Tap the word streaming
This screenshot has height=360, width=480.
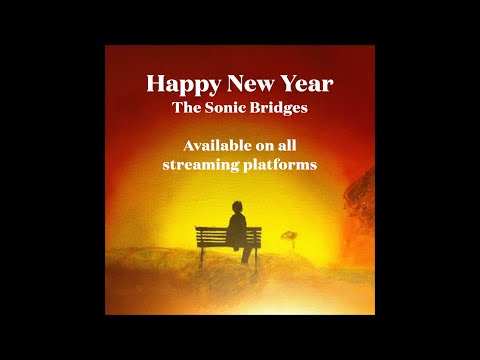click(x=198, y=164)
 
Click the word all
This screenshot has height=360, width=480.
click(x=287, y=144)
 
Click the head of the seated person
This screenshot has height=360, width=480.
click(x=238, y=209)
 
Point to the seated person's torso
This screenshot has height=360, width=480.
click(x=237, y=230)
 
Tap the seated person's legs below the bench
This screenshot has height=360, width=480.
click(x=245, y=255)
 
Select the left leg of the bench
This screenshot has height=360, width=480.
click(x=201, y=255)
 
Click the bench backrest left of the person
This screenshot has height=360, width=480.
click(x=211, y=236)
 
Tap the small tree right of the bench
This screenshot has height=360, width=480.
click(x=289, y=236)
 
